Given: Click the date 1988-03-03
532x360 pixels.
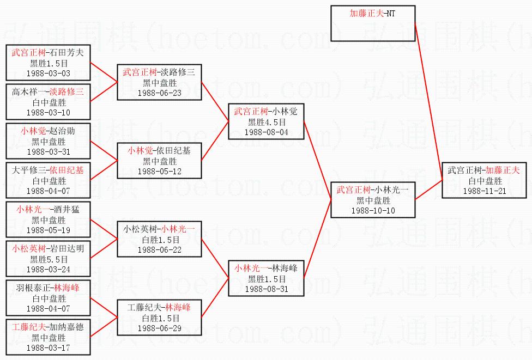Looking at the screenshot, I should pos(49,73).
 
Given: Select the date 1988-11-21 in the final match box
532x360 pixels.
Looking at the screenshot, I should pos(484,191).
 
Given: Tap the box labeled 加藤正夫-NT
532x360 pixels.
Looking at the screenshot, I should pos(373,23).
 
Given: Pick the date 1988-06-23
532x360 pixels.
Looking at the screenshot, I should pos(159,93).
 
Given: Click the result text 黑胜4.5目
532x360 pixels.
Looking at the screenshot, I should pos(266,122).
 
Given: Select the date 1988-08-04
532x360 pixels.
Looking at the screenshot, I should pos(266,132).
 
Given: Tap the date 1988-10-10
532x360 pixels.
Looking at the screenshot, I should pos(373,210).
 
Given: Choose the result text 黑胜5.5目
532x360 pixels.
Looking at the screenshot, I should pos(49,259).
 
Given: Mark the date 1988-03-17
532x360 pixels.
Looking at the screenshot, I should pos(49,347).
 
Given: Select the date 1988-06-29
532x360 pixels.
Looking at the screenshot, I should pos(159,328).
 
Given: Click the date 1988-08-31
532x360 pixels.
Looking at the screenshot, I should pos(266,289).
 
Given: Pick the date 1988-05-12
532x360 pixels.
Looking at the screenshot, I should pos(159,171).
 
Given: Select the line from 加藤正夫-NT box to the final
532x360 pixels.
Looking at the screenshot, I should pos(428,101).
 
